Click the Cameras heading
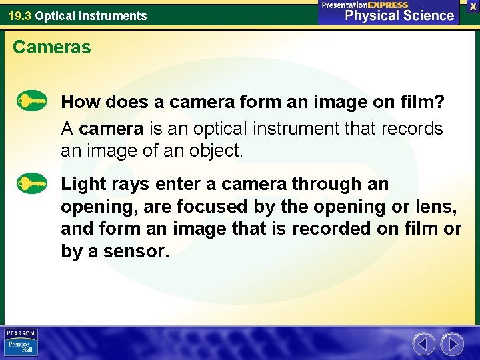tap(52, 48)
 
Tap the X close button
tap(473, 6)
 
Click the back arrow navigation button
tap(424, 344)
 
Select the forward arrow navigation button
tap(453, 344)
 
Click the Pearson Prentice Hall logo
tap(21, 343)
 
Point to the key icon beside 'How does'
tap(32, 101)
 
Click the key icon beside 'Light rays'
tap(32, 182)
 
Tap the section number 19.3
tap(19, 16)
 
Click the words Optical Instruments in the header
tap(91, 16)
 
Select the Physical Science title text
tap(399, 15)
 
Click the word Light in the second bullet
tap(84, 183)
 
